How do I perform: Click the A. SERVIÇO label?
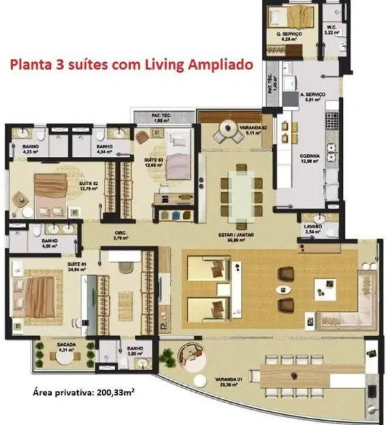[x=309, y=95]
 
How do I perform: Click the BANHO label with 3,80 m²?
[x=135, y=349]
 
